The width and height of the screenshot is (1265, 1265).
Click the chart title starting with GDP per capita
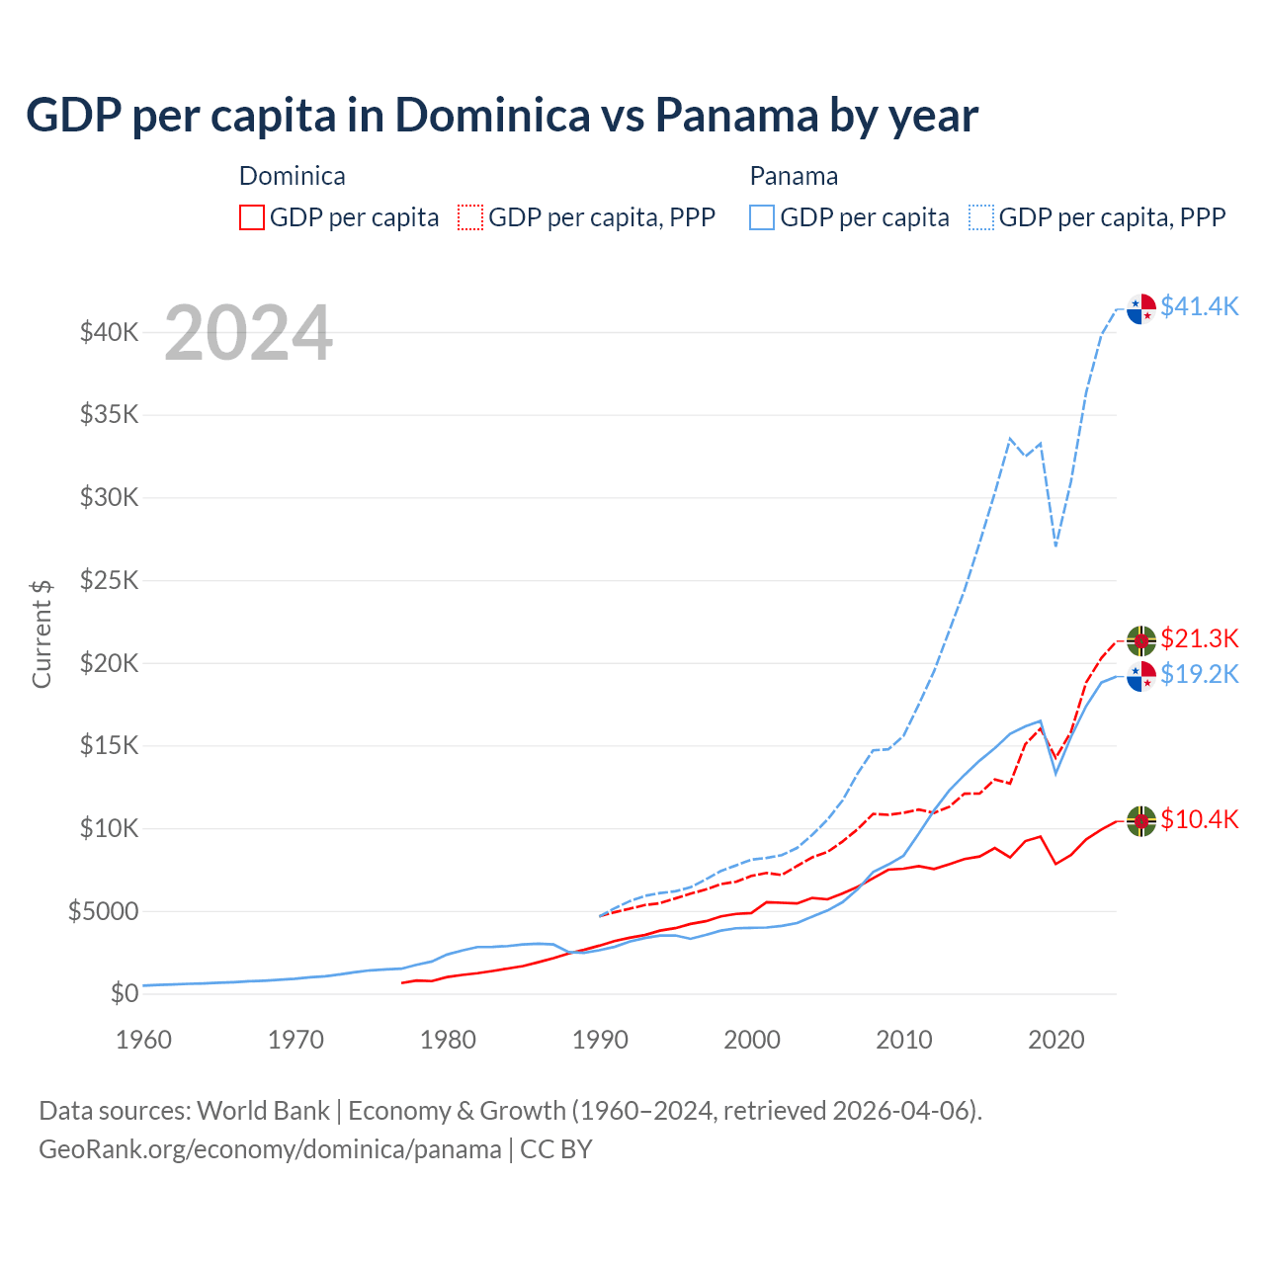pos(501,116)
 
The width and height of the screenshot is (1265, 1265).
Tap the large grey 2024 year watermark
pos(248,334)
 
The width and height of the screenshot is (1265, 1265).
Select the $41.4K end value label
pos(1199,306)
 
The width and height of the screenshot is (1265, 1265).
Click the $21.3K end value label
pos(1199,638)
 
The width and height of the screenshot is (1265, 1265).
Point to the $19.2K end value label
pos(1199,674)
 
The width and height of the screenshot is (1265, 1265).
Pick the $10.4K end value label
pos(1199,819)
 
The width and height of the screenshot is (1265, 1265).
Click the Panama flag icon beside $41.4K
pos(1141,308)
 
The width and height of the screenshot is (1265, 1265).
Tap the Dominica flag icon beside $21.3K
pos(1141,640)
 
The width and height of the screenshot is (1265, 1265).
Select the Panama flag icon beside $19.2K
pos(1141,676)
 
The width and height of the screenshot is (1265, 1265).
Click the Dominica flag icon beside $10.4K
pos(1141,821)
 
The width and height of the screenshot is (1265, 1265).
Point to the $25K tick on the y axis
pos(109,580)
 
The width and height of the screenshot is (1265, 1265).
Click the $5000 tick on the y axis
pos(103,911)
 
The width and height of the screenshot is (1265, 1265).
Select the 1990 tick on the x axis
pos(600,1040)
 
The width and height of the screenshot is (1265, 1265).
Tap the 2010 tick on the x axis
pos(904,1040)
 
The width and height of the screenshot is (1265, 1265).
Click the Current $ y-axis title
pos(42,633)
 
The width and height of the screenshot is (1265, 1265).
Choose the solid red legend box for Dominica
pos(252,217)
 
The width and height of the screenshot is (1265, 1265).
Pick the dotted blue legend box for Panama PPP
pos(981,217)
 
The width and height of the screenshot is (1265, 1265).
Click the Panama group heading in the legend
pos(794,176)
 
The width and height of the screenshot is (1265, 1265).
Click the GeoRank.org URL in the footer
pos(270,1149)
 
